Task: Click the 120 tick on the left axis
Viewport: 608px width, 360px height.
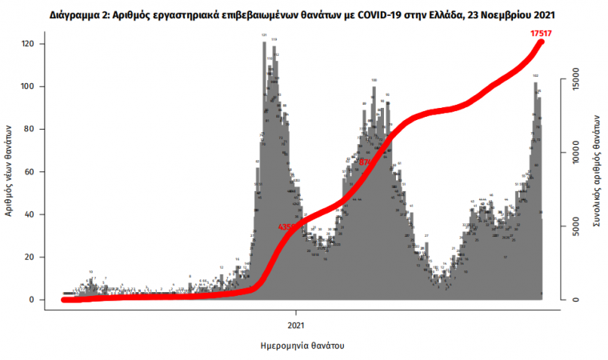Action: click(x=36, y=44)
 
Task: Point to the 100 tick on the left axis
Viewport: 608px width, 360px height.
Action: click(x=36, y=86)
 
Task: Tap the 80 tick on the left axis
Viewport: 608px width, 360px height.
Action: click(x=38, y=129)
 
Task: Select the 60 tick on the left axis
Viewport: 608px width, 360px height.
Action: click(x=38, y=172)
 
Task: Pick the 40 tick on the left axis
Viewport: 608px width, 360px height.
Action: click(x=38, y=214)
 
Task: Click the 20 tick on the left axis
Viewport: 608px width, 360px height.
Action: click(x=38, y=257)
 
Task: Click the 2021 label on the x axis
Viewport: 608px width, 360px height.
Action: click(x=296, y=326)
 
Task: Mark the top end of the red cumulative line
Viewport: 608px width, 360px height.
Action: click(x=542, y=41)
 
